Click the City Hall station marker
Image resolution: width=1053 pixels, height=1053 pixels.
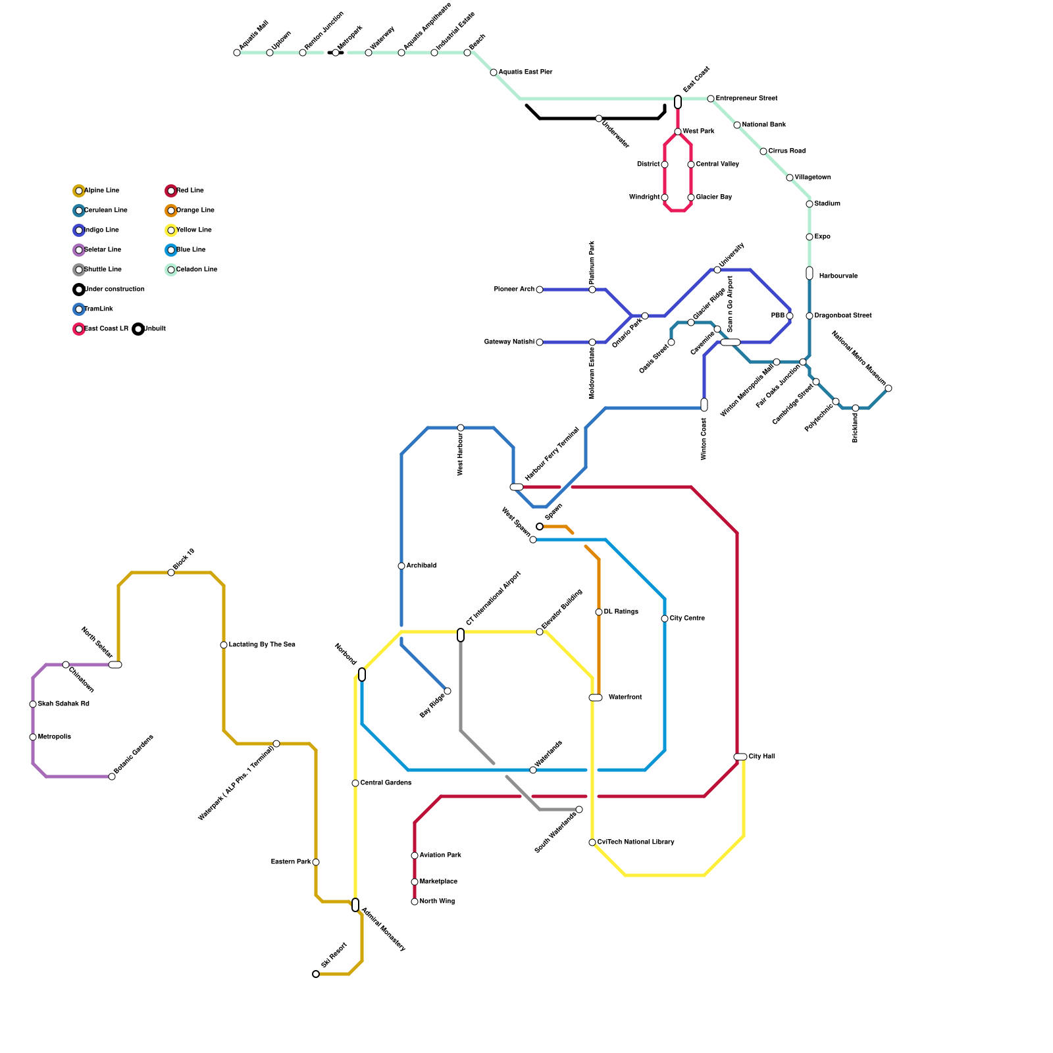(x=740, y=757)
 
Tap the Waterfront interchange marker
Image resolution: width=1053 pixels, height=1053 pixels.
(x=595, y=698)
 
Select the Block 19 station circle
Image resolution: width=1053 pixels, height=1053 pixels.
(x=171, y=573)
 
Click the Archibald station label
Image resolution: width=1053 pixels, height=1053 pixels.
(x=421, y=566)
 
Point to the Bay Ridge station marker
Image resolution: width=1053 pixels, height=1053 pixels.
(x=448, y=691)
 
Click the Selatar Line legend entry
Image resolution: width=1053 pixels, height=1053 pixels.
(x=103, y=250)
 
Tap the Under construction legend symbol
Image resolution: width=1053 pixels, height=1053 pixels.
(x=79, y=290)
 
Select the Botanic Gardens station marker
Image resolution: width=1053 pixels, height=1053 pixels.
(x=112, y=777)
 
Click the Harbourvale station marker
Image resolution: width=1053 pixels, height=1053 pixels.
(x=809, y=273)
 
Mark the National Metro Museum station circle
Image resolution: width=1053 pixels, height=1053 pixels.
(x=888, y=388)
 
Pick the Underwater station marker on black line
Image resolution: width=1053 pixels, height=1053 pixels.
(x=599, y=118)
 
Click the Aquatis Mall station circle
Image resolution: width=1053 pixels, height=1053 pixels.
(x=237, y=53)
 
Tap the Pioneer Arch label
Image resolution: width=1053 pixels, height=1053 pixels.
(x=514, y=290)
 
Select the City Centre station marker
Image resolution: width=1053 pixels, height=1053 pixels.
(x=665, y=619)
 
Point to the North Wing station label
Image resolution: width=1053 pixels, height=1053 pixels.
(x=437, y=902)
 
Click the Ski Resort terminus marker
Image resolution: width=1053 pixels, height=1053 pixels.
(x=316, y=974)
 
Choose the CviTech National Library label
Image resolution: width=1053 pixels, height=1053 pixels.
(x=636, y=842)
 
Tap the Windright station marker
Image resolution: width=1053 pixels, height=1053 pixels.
(x=665, y=197)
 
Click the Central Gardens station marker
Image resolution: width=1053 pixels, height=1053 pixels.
(x=355, y=783)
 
